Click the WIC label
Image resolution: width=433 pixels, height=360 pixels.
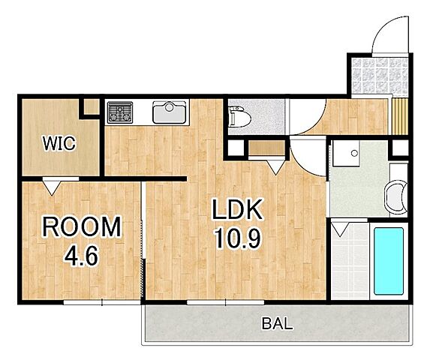point(59,143)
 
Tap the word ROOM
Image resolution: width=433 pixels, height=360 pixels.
point(82,227)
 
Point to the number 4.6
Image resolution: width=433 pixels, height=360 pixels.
point(81,256)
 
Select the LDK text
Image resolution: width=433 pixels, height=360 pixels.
point(237,209)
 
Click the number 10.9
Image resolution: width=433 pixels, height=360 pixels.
point(238,239)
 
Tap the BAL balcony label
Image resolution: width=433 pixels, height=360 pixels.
point(277,323)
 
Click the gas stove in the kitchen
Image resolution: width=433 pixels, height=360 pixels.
point(120,112)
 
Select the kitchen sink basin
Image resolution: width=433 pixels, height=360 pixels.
point(170,112)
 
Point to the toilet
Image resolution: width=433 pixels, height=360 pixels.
point(239,117)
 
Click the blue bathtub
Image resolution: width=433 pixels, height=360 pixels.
point(389,261)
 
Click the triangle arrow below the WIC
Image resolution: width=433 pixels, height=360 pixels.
point(52,187)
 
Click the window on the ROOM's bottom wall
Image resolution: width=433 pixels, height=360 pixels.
point(102,302)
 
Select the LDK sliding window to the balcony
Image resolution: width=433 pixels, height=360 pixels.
point(226,302)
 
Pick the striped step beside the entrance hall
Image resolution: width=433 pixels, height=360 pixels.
point(400,116)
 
